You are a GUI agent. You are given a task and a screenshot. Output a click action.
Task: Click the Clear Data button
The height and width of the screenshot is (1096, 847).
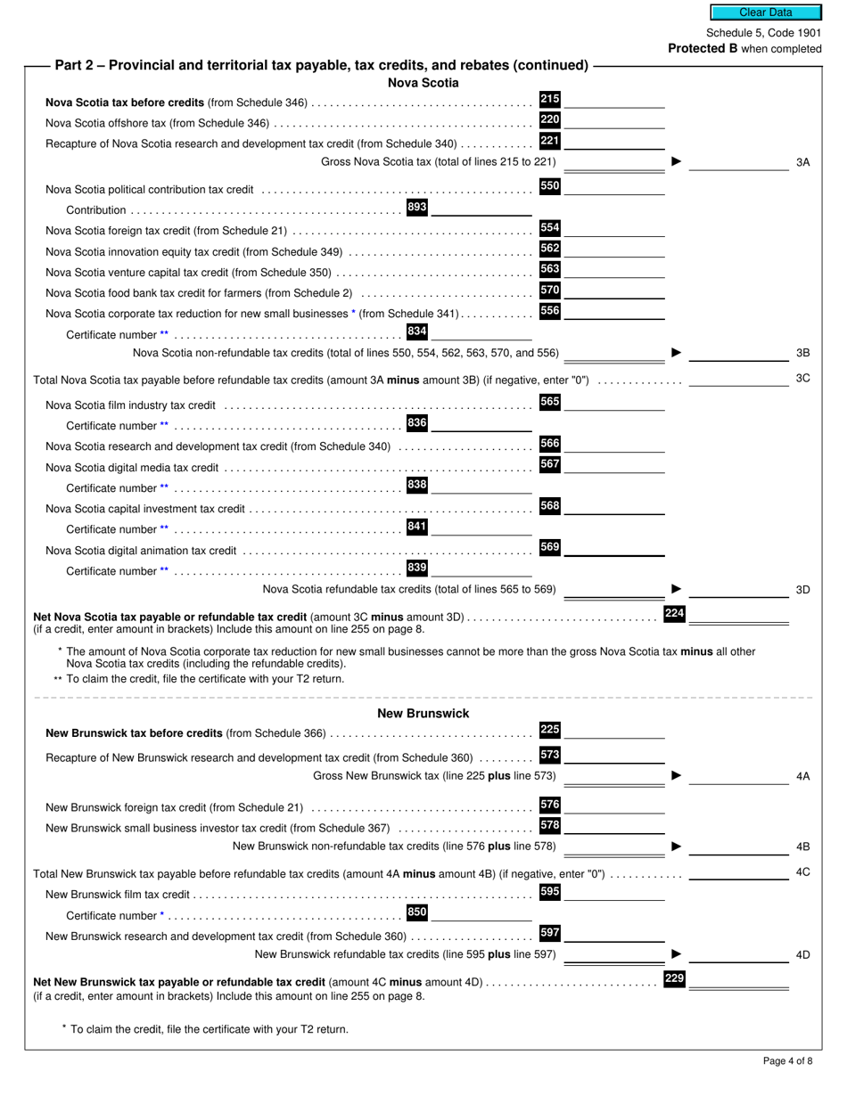click(x=765, y=12)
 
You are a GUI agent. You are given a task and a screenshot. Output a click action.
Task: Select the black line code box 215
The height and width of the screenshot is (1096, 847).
click(x=550, y=99)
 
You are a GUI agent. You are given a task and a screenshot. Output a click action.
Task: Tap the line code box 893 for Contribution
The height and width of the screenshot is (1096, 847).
click(x=416, y=207)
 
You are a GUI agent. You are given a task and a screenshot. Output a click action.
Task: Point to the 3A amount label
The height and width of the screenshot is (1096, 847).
click(x=802, y=162)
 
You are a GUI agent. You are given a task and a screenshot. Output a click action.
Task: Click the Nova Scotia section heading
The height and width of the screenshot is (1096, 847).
click(x=423, y=83)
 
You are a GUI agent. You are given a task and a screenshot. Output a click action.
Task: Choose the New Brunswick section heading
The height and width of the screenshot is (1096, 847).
click(x=423, y=713)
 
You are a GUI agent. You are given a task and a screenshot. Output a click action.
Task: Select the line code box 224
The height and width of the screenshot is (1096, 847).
click(x=674, y=613)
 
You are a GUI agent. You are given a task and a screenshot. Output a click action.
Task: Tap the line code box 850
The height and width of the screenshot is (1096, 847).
click(x=416, y=912)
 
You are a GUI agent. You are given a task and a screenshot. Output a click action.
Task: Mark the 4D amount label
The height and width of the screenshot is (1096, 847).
click(x=802, y=955)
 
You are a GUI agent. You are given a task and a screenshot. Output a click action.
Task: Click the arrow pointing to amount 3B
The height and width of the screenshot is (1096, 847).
click(x=676, y=353)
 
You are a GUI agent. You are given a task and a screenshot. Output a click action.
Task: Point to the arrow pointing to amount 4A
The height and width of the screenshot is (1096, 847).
click(x=676, y=776)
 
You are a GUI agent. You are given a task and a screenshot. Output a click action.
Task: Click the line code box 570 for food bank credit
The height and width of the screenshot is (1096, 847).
click(x=550, y=290)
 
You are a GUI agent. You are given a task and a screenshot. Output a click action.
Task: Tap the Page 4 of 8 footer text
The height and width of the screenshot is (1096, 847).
click(x=787, y=1060)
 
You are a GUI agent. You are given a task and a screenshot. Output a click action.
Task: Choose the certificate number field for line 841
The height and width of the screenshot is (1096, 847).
click(x=481, y=528)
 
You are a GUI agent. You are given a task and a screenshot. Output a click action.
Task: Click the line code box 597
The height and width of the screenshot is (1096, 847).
click(x=550, y=933)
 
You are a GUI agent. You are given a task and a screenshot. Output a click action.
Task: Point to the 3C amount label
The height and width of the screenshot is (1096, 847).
click(x=802, y=379)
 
